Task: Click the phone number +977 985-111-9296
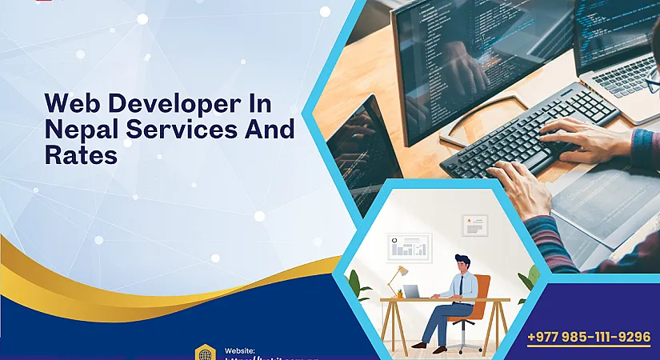pyautogui.click(x=589, y=337)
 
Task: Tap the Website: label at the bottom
pyautogui.click(x=240, y=350)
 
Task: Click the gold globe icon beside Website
pyautogui.click(x=206, y=353)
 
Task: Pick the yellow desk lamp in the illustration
pyautogui.click(x=397, y=277)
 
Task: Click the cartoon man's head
pyautogui.click(x=462, y=263)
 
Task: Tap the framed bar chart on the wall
pyautogui.click(x=408, y=247)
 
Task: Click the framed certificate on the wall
pyautogui.click(x=474, y=226)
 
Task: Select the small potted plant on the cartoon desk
pyautogui.click(x=400, y=294)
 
